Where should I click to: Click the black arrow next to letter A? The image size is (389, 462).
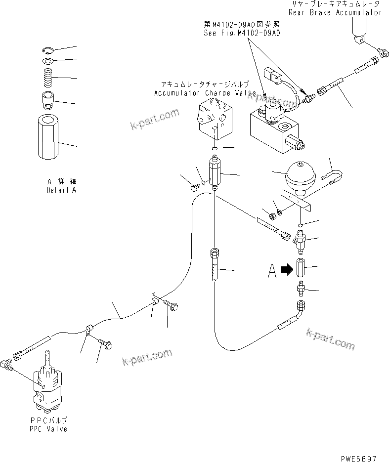click(286, 270)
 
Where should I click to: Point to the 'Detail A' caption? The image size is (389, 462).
click(61, 190)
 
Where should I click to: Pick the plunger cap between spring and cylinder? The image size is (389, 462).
click(48, 100)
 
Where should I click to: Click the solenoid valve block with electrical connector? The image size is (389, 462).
click(277, 126)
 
